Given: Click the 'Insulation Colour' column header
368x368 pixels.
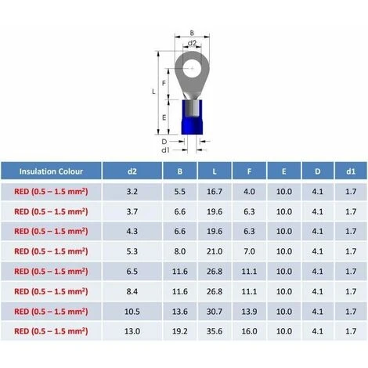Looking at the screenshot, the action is click(x=51, y=171).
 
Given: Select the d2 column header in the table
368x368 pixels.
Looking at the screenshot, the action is click(x=132, y=171).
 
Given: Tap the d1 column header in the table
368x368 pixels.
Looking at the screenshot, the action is click(x=351, y=171).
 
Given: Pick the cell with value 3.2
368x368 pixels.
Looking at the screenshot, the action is click(x=132, y=192).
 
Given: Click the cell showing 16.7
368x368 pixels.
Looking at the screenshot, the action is click(x=215, y=192).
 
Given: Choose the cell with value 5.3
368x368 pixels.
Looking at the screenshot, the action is click(x=132, y=251).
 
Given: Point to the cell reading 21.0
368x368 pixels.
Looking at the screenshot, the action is click(x=215, y=251).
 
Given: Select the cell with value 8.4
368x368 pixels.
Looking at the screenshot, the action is click(x=132, y=291).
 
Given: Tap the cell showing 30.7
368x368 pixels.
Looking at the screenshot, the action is click(x=215, y=312).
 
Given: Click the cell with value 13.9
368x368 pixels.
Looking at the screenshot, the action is click(x=249, y=312).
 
